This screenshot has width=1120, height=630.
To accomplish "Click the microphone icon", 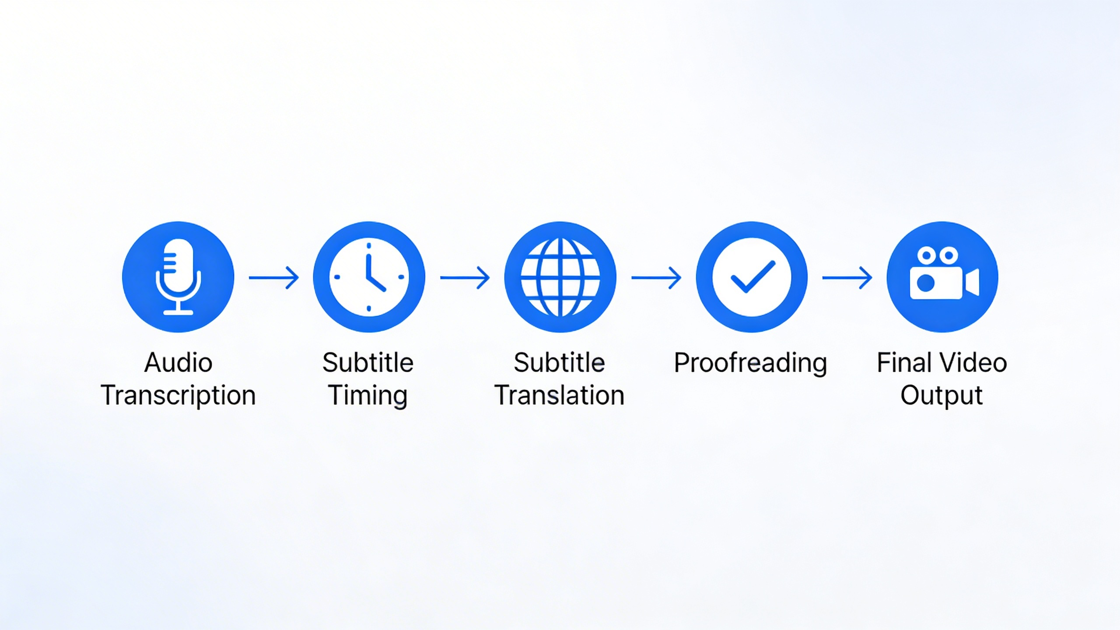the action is point(178,276).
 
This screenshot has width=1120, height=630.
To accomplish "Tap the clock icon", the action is point(369,277).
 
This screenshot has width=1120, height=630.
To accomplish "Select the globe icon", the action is point(560,277).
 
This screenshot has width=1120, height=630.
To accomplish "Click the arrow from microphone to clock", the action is point(274,277).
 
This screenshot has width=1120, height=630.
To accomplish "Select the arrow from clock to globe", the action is point(465,277).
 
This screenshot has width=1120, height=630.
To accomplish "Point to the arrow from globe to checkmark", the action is point(656,277).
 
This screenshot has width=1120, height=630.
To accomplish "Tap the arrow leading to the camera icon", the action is point(847,277).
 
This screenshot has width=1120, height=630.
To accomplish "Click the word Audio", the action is point(178,363).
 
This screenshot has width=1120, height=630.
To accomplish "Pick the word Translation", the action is point(560,395).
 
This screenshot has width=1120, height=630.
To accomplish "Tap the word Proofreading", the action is point(750,364).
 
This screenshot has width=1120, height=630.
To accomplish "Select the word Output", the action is point(942,396).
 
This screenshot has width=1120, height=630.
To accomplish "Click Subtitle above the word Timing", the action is point(368,363).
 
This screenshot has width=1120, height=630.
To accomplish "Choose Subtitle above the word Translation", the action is point(560,363).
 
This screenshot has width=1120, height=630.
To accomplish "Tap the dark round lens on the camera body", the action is point(926,283).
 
